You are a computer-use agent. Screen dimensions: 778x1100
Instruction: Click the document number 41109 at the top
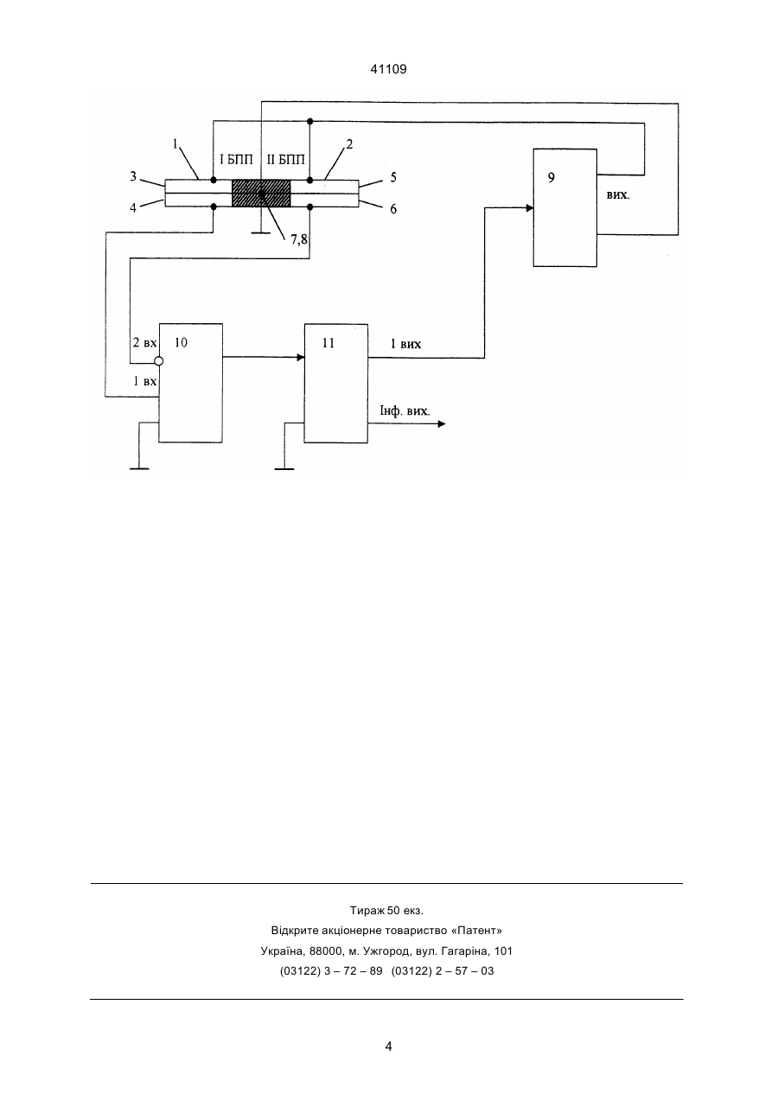click(388, 69)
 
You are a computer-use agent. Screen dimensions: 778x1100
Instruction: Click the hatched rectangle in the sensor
click(261, 194)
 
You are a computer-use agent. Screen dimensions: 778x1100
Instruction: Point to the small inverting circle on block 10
click(158, 361)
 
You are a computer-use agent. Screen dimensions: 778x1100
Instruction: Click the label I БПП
click(236, 160)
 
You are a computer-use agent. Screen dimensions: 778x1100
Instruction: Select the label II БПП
click(286, 160)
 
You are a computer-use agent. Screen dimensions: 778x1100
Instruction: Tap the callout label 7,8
click(298, 240)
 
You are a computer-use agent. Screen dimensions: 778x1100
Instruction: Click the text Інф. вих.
click(405, 410)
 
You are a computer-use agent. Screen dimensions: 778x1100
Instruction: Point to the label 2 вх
click(144, 342)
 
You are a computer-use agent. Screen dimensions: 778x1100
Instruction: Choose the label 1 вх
click(145, 381)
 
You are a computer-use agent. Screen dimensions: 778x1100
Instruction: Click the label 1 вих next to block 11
click(405, 344)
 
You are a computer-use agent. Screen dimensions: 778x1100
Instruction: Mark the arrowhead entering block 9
click(529, 208)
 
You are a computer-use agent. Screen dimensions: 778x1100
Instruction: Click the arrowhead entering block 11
click(301, 358)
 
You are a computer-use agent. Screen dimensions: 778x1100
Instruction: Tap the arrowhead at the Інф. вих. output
click(442, 423)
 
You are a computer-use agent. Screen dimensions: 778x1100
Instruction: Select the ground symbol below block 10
click(139, 469)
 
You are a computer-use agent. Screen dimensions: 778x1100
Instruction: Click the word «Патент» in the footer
click(476, 930)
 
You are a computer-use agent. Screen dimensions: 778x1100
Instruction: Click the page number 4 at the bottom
click(388, 1046)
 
